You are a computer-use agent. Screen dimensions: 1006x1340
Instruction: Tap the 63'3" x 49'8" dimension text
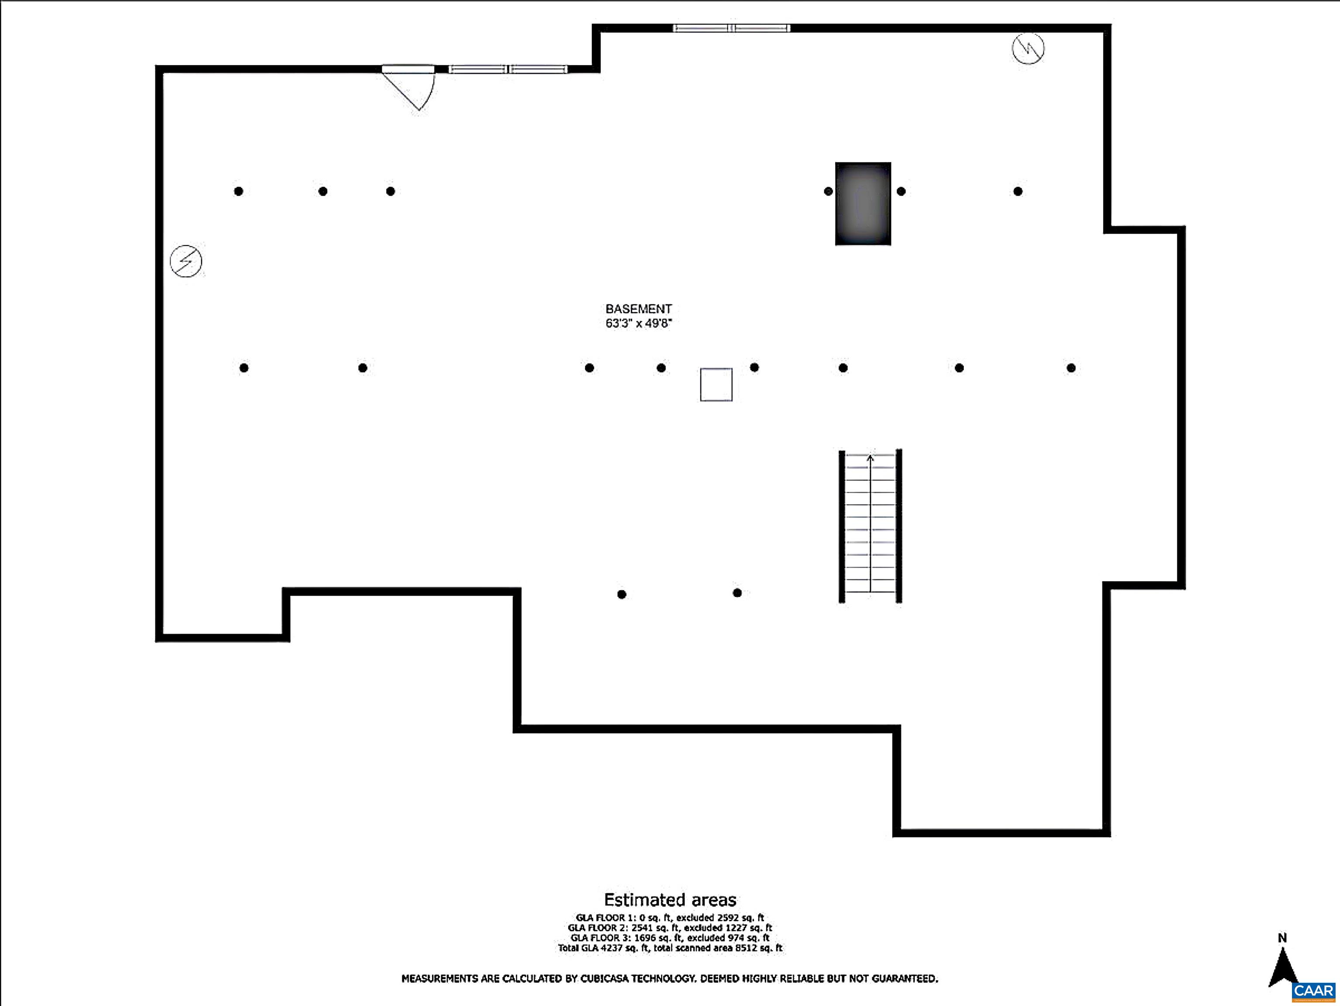(x=638, y=323)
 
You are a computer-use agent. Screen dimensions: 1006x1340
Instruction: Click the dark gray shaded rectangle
(x=863, y=203)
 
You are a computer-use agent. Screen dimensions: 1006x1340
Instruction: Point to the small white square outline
(x=716, y=384)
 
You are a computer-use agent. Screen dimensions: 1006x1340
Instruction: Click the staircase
(x=870, y=526)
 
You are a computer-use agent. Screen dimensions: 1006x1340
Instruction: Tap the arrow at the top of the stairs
(x=870, y=458)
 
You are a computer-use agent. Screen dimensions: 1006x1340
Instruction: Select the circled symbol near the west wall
(x=186, y=261)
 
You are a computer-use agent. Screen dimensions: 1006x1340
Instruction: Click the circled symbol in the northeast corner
(x=1028, y=48)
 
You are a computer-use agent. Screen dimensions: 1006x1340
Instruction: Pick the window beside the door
(x=507, y=69)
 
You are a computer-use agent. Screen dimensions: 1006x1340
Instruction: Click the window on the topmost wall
(x=731, y=28)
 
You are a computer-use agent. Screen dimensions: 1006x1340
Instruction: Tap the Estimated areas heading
(x=670, y=899)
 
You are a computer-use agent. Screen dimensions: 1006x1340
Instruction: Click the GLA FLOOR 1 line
(x=670, y=917)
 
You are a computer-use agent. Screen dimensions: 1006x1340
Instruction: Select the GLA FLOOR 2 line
(x=670, y=928)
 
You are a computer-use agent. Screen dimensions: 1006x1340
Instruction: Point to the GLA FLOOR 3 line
(x=670, y=937)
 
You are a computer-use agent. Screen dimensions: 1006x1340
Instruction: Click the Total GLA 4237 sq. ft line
(x=670, y=948)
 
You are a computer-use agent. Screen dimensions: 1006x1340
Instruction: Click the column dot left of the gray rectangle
(x=828, y=192)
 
